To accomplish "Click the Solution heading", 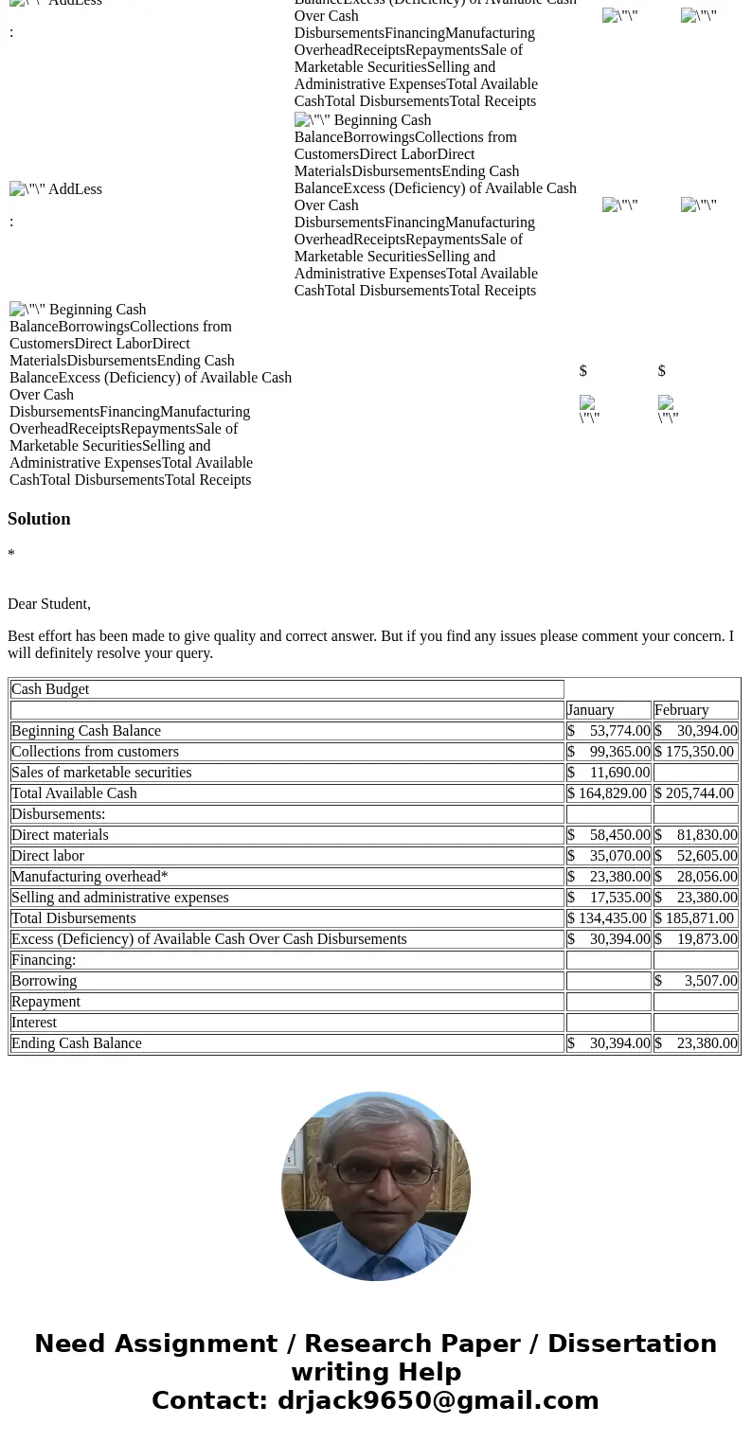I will tap(39, 519).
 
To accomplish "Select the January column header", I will tap(591, 710).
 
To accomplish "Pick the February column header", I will tap(681, 710).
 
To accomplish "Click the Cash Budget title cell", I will tap(50, 689).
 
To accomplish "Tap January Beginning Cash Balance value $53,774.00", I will tap(609, 731).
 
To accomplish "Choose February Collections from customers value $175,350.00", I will tap(694, 752).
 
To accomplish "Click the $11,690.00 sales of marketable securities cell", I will tap(609, 773).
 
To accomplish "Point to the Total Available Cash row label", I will tap(74, 793).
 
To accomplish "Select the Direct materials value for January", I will tap(609, 835).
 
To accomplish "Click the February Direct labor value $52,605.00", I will tap(696, 856).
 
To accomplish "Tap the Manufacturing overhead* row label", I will tap(89, 877).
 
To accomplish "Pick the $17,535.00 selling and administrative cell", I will tap(609, 898).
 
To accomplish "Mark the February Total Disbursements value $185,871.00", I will tap(694, 918).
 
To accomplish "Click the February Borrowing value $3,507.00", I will tap(696, 981).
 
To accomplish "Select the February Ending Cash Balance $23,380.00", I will tap(696, 1043).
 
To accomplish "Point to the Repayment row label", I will tap(45, 1002).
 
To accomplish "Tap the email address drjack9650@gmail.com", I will tap(438, 1400).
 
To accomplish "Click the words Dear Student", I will tap(49, 604).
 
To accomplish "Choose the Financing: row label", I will tap(44, 960).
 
